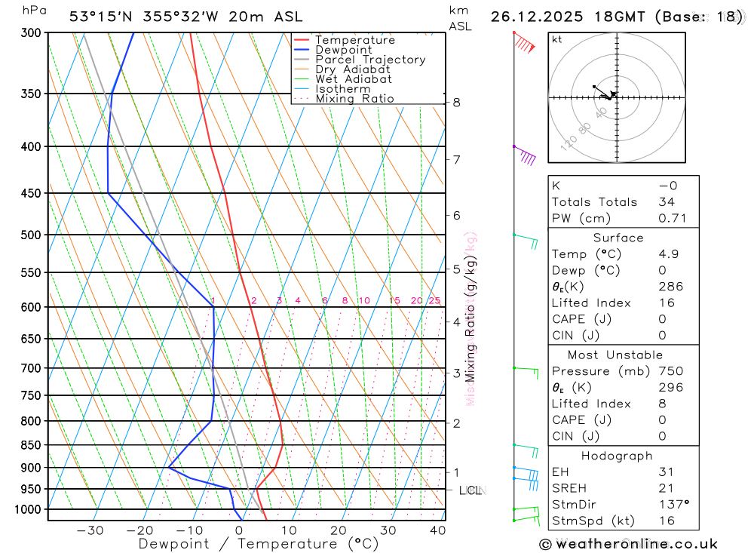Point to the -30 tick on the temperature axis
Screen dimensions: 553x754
(90, 530)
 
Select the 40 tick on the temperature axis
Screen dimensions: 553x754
(437, 530)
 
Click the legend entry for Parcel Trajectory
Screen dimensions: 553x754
(369, 60)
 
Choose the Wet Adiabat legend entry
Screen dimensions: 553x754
(353, 79)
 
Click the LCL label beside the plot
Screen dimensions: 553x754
(470, 490)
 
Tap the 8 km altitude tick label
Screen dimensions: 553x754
(457, 103)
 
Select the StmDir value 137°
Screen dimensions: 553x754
(671, 505)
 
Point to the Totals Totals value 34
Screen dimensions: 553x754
(666, 202)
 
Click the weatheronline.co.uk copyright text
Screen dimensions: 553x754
(628, 544)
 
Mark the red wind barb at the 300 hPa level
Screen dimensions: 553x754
(525, 45)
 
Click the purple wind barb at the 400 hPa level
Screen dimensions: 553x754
(526, 156)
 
